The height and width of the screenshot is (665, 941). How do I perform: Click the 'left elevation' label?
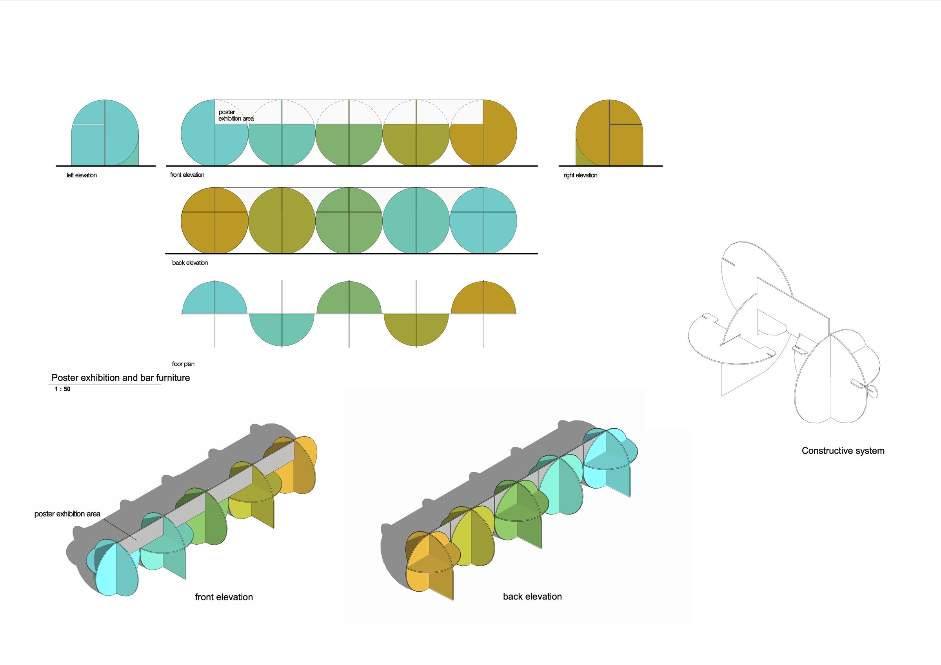click(x=82, y=176)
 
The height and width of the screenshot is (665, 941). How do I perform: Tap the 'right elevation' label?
click(x=580, y=176)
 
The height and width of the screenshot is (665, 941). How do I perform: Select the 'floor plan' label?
click(x=183, y=364)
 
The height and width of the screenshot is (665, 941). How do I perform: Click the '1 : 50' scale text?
click(x=63, y=389)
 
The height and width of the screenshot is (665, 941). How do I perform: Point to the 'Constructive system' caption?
click(x=843, y=451)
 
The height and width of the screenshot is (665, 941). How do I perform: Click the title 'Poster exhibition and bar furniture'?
click(x=120, y=378)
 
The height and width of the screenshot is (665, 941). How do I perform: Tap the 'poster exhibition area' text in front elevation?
click(x=236, y=115)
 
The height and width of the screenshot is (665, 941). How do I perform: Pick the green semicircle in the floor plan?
click(x=349, y=297)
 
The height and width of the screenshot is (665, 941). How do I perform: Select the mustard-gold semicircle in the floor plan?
click(x=483, y=297)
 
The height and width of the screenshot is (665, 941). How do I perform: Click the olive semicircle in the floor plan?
click(x=416, y=330)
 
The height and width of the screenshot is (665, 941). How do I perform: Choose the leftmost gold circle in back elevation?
click(x=214, y=221)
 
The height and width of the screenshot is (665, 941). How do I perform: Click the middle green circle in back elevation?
click(x=349, y=221)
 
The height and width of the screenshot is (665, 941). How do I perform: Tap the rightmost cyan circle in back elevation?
click(x=483, y=221)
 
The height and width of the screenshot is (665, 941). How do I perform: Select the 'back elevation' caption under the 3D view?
click(x=532, y=596)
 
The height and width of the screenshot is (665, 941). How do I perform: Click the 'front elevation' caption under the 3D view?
click(x=224, y=597)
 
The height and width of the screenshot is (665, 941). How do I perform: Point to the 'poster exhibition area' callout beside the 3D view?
click(x=67, y=514)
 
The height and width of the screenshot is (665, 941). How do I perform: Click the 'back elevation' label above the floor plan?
click(x=190, y=263)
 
